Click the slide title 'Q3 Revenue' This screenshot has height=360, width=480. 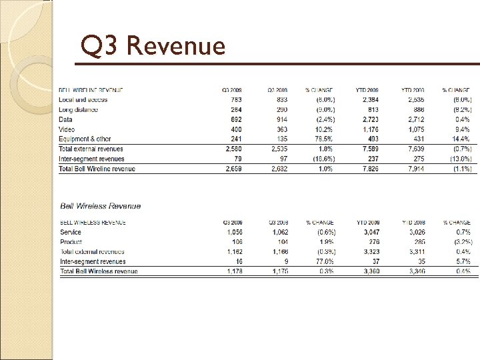point(153,46)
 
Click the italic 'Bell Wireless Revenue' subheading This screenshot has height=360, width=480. point(101,207)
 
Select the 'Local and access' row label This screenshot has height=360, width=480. point(83,100)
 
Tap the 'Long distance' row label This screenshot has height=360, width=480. point(79,110)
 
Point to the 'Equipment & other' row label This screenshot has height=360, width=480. point(86,139)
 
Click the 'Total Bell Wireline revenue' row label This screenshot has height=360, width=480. point(97,169)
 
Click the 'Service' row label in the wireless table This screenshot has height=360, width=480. point(71,233)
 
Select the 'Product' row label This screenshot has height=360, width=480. point(71,242)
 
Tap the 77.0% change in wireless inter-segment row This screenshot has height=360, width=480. point(324,262)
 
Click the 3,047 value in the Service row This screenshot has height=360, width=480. point(371,233)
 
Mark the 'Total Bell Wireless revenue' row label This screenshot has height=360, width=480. point(99,272)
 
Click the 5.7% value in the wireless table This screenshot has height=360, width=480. point(462,262)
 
